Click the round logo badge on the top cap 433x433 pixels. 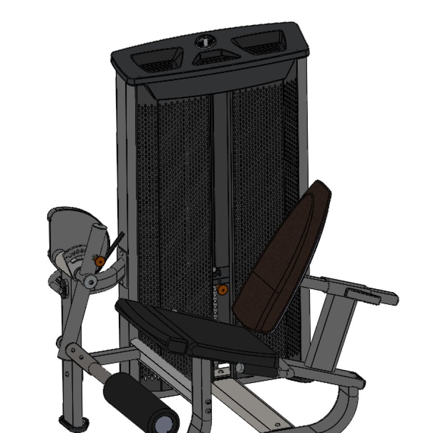pyautogui.click(x=204, y=42)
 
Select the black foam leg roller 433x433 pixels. pyautogui.click(x=140, y=402)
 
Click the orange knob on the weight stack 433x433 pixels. pyautogui.click(x=223, y=289)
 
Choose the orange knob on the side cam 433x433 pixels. pyautogui.click(x=100, y=261)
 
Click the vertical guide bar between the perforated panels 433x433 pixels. pyautogui.click(x=221, y=183)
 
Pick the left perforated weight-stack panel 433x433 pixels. pyautogui.click(x=183, y=192)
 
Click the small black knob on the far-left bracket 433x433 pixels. pyautogui.click(x=62, y=287)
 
